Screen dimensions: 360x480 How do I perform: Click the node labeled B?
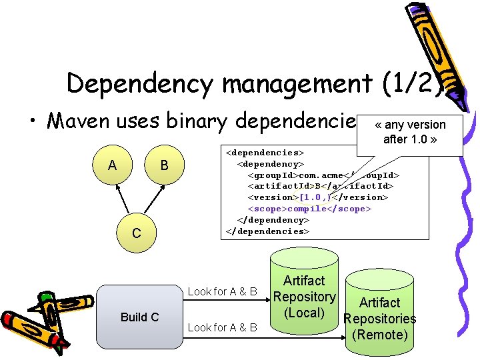(165, 165)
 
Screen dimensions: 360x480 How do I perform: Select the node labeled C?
(136, 233)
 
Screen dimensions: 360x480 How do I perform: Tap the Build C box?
(139, 317)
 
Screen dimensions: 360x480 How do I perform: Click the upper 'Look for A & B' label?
(222, 291)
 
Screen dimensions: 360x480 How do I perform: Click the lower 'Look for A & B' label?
(222, 327)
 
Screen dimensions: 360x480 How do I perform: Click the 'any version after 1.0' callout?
(409, 131)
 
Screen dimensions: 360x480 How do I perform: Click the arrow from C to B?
(151, 198)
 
